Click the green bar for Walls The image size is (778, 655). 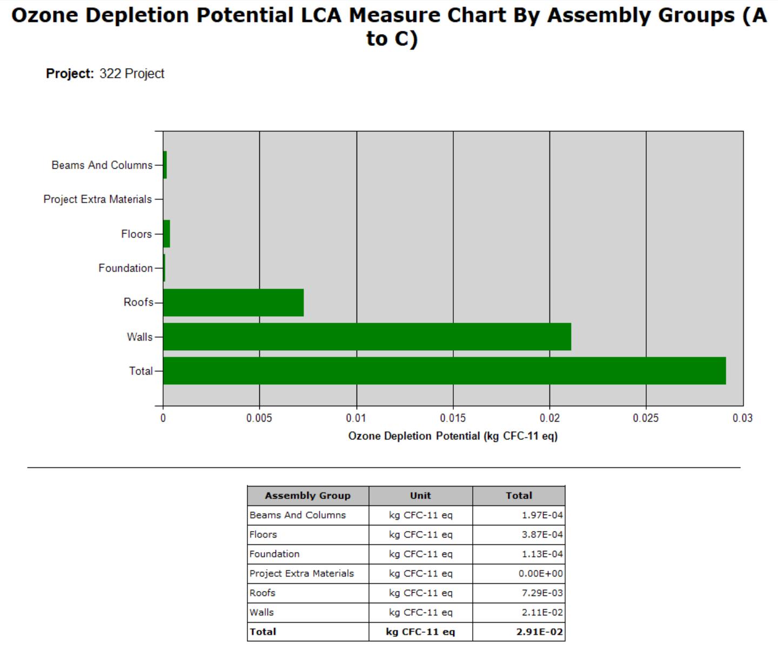click(x=367, y=337)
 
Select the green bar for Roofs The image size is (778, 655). click(x=233, y=302)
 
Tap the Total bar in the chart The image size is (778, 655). click(x=445, y=371)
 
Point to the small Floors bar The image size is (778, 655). click(x=166, y=234)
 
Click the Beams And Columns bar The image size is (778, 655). click(x=165, y=165)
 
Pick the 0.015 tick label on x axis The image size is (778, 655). click(x=453, y=418)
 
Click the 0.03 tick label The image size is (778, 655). click(x=742, y=418)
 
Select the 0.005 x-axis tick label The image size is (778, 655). click(x=259, y=418)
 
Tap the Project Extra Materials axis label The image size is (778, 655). click(x=98, y=199)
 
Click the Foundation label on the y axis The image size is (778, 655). click(x=125, y=268)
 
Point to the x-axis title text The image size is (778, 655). click(x=453, y=436)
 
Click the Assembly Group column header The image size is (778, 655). click(x=308, y=496)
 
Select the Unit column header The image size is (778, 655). click(x=420, y=496)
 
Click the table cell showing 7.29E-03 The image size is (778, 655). click(x=542, y=593)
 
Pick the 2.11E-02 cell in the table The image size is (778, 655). click(x=542, y=612)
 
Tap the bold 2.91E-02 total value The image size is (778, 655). click(x=540, y=632)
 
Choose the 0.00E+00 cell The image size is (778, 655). click(x=541, y=573)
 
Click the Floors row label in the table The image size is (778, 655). click(x=263, y=534)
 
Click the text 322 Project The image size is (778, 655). click(x=131, y=73)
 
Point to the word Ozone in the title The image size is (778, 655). click(x=45, y=15)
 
